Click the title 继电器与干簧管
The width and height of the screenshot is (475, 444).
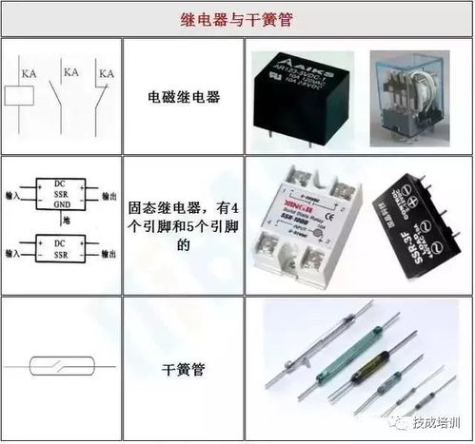(236, 19)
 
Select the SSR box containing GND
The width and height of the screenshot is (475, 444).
(55, 192)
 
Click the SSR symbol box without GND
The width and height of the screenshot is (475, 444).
(55, 250)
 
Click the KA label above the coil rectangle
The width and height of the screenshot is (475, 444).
(29, 73)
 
